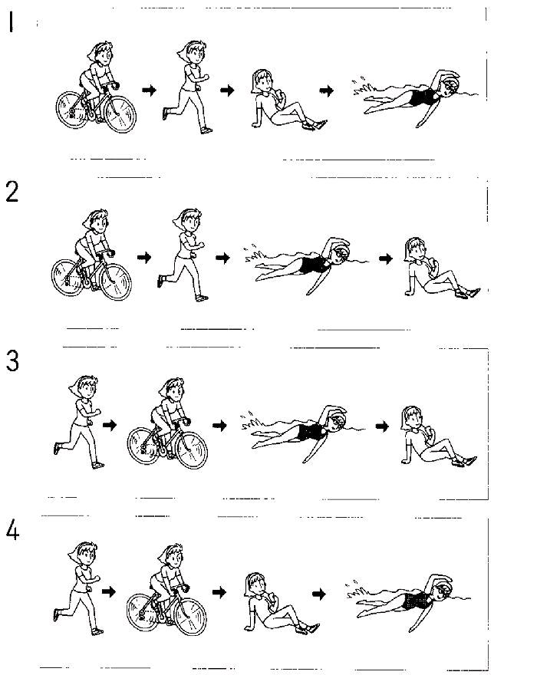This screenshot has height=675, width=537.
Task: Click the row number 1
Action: pos(11,22)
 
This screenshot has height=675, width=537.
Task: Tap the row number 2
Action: pos(12,192)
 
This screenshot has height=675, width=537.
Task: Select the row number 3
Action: pos(12,361)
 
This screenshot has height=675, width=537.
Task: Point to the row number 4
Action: pos(12,530)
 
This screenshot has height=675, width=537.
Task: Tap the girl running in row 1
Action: pos(186,87)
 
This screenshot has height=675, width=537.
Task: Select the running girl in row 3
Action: pos(78,422)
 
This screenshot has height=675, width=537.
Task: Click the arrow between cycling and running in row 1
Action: pos(149,90)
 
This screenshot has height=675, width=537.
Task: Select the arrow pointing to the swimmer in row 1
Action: pos(327,91)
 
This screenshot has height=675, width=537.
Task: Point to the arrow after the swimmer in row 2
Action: pos(386,258)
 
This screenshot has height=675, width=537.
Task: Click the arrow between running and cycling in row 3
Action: pos(110,425)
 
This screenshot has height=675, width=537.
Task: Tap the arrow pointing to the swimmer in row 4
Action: pos(319,594)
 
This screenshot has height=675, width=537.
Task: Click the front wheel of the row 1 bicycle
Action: pos(120,114)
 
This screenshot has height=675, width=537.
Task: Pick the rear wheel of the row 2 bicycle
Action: pos(68,278)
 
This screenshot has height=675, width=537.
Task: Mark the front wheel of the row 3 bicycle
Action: pos(192,449)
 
